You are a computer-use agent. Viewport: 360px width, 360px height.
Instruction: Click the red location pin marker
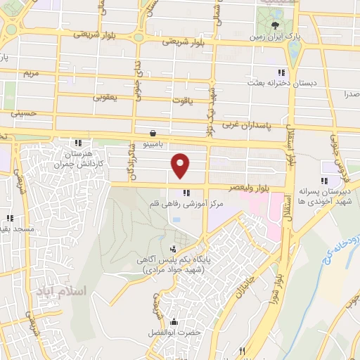181,165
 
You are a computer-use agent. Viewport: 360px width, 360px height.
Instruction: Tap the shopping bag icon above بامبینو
153,133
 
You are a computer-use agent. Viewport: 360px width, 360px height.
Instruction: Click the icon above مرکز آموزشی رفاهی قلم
186,193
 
